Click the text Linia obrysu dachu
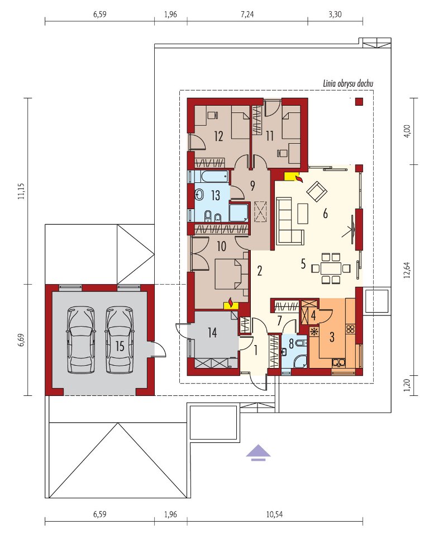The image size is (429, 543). pyautogui.click(x=348, y=83)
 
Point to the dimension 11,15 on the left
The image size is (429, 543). pyautogui.click(x=22, y=191)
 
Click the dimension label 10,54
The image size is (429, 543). pyautogui.click(x=274, y=514)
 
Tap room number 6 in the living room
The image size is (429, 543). pyautogui.click(x=325, y=214)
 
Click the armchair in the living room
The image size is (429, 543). pyautogui.click(x=318, y=191)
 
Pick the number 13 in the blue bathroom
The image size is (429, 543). pyautogui.click(x=215, y=195)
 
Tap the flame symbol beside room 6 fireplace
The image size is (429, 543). pyautogui.click(x=299, y=178)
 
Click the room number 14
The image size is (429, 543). pyautogui.click(x=212, y=333)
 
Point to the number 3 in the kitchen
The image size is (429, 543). pyautogui.click(x=332, y=337)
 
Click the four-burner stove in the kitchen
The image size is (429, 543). pyautogui.click(x=350, y=329)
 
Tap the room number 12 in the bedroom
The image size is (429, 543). pyautogui.click(x=218, y=136)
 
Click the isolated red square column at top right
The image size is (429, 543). pyautogui.click(x=359, y=101)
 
